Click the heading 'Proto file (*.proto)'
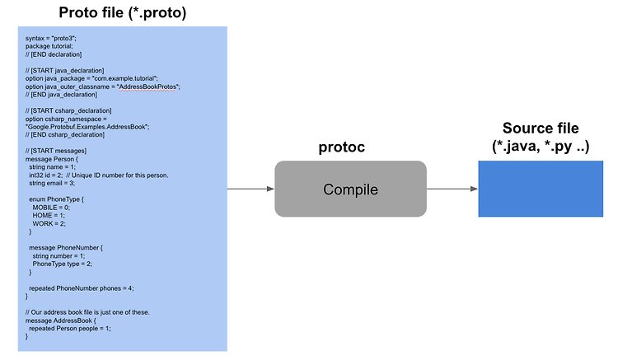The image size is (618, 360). [123, 12]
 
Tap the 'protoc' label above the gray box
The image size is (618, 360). [342, 147]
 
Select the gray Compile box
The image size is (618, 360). [350, 189]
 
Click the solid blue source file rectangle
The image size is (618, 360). [541, 189]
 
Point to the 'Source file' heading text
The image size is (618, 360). [541, 128]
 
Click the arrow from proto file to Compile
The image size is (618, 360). [250, 189]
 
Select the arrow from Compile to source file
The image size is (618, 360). [452, 189]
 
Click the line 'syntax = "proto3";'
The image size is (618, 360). [51, 38]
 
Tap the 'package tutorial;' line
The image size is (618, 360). [49, 46]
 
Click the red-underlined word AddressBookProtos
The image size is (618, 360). [147, 86]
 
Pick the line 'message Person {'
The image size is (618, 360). [52, 159]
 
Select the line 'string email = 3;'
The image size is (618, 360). [52, 183]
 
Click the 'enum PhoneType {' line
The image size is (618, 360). [56, 199]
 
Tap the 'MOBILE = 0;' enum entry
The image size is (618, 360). [51, 208]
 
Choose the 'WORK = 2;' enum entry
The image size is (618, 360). [49, 224]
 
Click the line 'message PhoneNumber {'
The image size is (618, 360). [66, 248]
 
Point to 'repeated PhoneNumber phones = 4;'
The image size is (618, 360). [82, 288]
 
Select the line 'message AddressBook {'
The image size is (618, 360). [61, 320]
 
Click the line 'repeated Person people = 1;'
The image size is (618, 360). [70, 329]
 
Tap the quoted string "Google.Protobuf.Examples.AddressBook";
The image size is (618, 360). [87, 127]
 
